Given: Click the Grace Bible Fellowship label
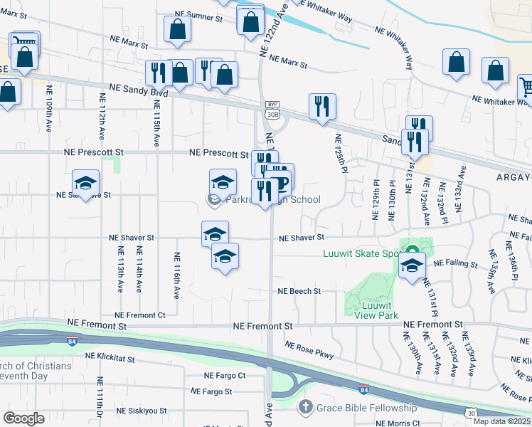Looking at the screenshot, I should [x=366, y=408].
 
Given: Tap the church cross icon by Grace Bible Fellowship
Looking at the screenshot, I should [x=305, y=408].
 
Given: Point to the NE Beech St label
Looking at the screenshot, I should [x=299, y=291].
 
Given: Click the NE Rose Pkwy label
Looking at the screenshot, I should [x=309, y=349].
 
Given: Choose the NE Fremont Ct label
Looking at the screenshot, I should [x=139, y=315].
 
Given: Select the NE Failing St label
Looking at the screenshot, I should [x=456, y=263].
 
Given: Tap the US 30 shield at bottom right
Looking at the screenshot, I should [x=471, y=413].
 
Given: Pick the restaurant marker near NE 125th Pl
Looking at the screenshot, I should [x=322, y=107].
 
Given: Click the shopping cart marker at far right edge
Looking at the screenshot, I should [x=525, y=87].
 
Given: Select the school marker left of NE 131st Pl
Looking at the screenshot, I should [x=412, y=266].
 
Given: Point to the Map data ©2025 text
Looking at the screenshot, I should [x=501, y=421].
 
